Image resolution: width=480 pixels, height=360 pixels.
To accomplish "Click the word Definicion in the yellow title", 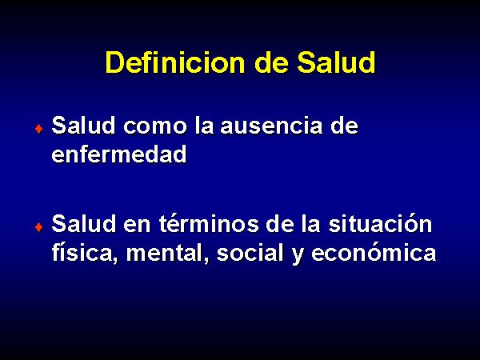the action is (x=175, y=62).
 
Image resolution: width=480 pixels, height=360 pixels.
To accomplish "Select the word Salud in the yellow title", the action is (x=336, y=62).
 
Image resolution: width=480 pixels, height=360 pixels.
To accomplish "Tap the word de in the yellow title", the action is (x=271, y=62).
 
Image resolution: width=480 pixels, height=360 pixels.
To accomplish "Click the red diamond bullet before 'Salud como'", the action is (x=39, y=129).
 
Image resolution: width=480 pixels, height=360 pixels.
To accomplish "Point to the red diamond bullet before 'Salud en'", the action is (x=39, y=227).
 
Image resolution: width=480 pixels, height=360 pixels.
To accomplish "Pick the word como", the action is (x=155, y=126).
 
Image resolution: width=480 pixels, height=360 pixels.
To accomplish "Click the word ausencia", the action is (x=271, y=126).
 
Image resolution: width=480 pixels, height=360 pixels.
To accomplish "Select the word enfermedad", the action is (x=119, y=154).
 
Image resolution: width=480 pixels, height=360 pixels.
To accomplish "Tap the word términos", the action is (x=209, y=224).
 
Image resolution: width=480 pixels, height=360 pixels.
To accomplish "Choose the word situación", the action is (x=380, y=223).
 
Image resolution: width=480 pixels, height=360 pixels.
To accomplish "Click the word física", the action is (x=85, y=253).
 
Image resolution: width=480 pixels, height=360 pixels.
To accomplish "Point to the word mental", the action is (x=168, y=253).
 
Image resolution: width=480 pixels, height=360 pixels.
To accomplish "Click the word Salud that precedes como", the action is (x=83, y=126).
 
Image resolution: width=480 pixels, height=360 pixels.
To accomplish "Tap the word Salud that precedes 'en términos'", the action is (x=83, y=223).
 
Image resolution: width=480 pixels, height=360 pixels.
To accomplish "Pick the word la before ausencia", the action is (x=204, y=126).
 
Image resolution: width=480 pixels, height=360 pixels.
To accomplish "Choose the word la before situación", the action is (x=310, y=223).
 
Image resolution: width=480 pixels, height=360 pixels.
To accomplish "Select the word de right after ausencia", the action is (x=344, y=126).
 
